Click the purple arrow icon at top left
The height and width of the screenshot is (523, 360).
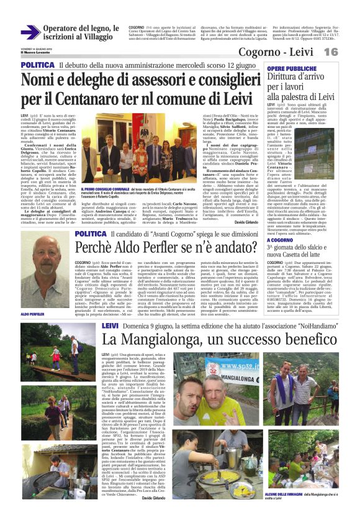[30, 32]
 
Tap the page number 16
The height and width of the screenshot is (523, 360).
[348, 52]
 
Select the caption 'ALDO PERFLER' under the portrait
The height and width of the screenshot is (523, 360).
[34, 314]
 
